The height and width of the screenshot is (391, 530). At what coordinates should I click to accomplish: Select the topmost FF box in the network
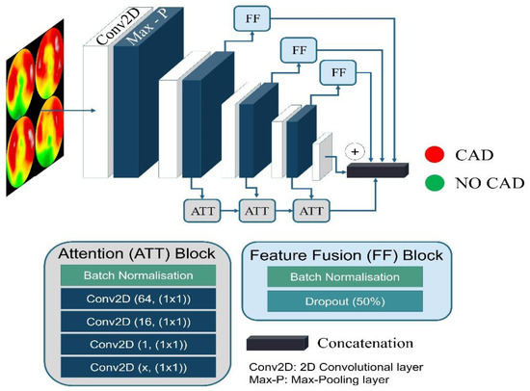(249, 17)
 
